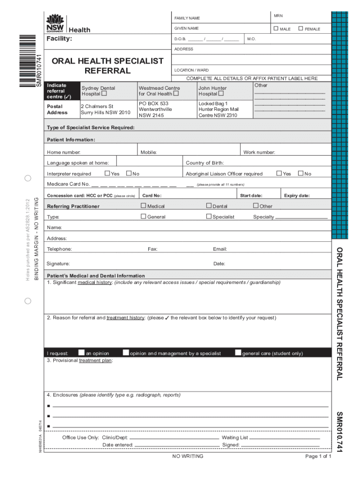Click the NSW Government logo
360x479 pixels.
pyautogui.click(x=56, y=23)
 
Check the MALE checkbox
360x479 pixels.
pyautogui.click(x=276, y=29)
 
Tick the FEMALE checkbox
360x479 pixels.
pyautogui.click(x=301, y=29)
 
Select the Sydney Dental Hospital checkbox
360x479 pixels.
pyautogui.click(x=104, y=94)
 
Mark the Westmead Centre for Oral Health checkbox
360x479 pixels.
pyautogui.click(x=176, y=94)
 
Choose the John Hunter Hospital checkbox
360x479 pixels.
pyautogui.click(x=221, y=94)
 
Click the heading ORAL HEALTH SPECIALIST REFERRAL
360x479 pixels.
pyautogui.click(x=108, y=66)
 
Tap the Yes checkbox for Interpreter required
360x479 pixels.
pyautogui.click(x=107, y=174)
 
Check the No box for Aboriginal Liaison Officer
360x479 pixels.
pyautogui.click(x=301, y=174)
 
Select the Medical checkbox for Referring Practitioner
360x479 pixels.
pyautogui.click(x=144, y=206)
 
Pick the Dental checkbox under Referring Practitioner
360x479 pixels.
pyautogui.click(x=209, y=206)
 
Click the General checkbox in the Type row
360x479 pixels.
pyautogui.click(x=144, y=216)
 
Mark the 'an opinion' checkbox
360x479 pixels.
pyautogui.click(x=82, y=353)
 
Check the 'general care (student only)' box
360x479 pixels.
pyautogui.click(x=238, y=353)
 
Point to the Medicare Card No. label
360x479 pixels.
pyautogui.click(x=68, y=184)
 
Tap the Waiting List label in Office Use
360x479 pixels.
pyautogui.click(x=235, y=438)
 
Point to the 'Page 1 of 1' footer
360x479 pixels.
pyautogui.click(x=318, y=457)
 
